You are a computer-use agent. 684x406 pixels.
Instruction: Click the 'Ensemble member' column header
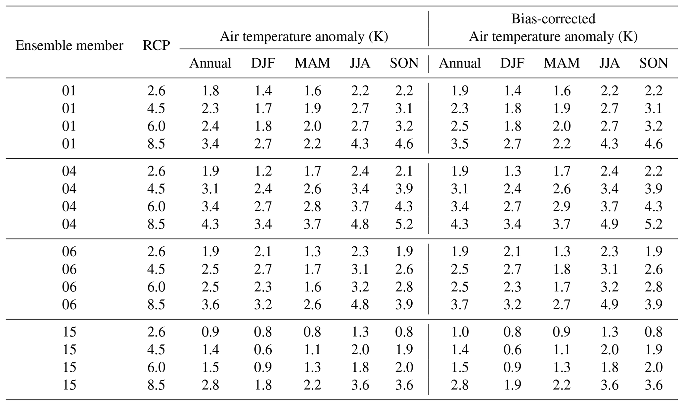click(69, 45)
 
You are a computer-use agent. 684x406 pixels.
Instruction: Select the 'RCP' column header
click(156, 45)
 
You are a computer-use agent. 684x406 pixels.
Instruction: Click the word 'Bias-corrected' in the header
click(553, 19)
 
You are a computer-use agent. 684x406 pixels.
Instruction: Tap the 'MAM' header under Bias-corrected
click(562, 63)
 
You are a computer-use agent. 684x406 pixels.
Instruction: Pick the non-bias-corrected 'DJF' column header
click(263, 63)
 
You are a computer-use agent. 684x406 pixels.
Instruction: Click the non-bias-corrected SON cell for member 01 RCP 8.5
click(404, 144)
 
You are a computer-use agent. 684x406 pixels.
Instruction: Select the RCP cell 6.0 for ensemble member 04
click(156, 206)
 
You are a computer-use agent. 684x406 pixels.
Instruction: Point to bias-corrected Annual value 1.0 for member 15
click(460, 332)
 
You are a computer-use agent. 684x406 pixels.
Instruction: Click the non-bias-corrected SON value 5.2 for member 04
click(404, 224)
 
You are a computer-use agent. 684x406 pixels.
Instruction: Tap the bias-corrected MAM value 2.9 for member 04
click(562, 206)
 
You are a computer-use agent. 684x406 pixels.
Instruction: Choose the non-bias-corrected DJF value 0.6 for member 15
click(263, 350)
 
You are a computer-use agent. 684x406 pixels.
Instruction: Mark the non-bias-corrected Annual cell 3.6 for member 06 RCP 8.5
click(210, 304)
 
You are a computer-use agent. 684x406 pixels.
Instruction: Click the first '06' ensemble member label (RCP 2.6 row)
click(69, 251)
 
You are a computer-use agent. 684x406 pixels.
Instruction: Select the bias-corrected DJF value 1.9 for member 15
click(512, 385)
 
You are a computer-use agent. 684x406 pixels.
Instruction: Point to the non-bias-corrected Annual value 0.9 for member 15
click(210, 332)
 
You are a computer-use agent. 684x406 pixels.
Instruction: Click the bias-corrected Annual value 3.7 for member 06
click(460, 304)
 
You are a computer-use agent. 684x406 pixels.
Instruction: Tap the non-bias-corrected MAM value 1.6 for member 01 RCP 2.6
click(312, 90)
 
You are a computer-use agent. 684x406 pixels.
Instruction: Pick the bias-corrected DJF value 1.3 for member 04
click(512, 171)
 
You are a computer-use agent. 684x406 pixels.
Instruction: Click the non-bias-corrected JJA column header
click(360, 63)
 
